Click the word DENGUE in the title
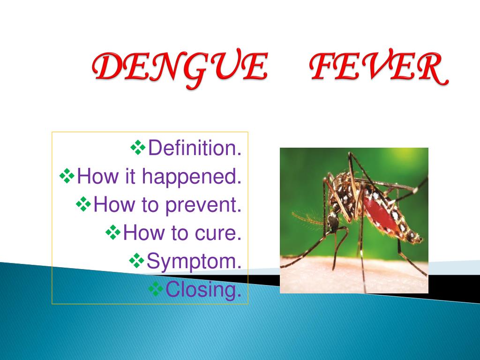180,68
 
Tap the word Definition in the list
195,148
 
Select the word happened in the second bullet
191,177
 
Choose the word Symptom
194,262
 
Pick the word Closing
203,289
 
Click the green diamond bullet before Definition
138,147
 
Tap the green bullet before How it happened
67,176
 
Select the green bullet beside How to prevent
83,204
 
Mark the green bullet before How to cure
113,232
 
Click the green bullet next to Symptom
136,261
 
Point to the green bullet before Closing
156,289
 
